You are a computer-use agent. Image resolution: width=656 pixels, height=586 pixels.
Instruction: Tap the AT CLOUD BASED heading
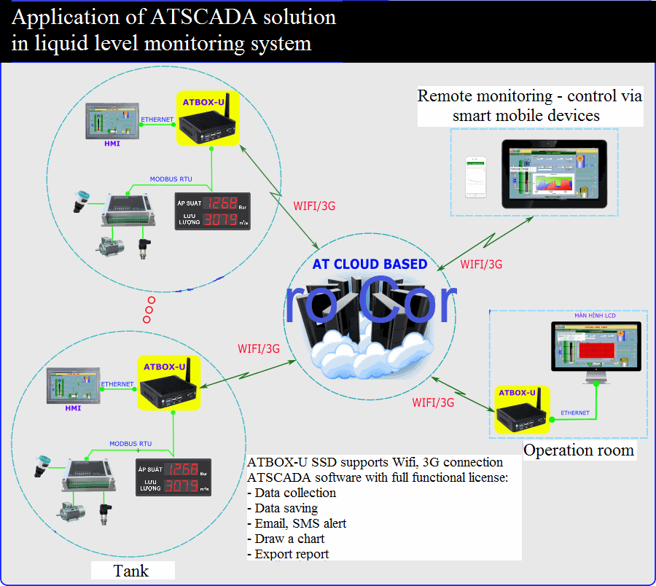tap(370, 264)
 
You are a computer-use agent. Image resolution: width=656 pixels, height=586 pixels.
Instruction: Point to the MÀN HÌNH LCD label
tap(596, 316)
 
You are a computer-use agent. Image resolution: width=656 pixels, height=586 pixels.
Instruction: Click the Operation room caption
tap(579, 450)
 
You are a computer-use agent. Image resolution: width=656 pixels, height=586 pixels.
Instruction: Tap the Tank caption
tap(132, 570)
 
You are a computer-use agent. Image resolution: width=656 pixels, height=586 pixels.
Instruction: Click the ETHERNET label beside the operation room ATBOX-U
tap(574, 413)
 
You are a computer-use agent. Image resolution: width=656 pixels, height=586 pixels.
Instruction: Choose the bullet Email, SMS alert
tap(297, 523)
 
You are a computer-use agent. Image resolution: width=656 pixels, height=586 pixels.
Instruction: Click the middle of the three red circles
tap(149, 310)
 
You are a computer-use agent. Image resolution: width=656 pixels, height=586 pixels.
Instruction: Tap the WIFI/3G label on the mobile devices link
tap(481, 264)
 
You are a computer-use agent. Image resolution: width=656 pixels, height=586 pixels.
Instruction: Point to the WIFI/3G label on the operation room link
tap(433, 402)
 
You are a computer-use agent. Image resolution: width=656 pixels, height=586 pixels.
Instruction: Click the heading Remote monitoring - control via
tap(529, 96)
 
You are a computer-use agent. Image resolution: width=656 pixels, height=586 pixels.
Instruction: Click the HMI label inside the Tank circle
tap(73, 408)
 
